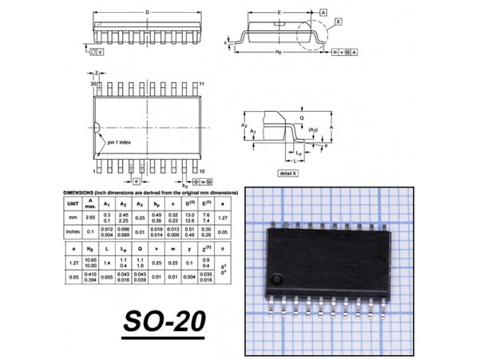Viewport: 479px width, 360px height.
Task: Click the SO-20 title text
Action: (x=164, y=321)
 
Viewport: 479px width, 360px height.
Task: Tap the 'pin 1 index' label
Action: (x=124, y=142)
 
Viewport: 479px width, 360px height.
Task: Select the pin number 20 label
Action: (x=93, y=84)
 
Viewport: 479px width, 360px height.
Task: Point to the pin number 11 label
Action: (x=203, y=84)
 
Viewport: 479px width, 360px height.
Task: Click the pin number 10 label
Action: (x=203, y=172)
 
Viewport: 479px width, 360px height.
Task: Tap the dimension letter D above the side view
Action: (x=147, y=12)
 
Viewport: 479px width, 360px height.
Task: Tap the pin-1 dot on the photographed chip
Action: (x=275, y=279)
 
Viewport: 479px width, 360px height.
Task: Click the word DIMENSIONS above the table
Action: (x=79, y=194)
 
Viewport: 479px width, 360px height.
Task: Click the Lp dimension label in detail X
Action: (x=298, y=152)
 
